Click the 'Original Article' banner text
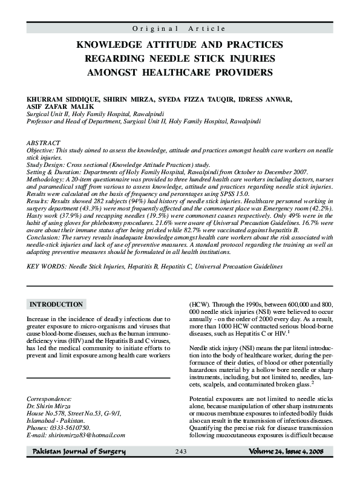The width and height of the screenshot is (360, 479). pos(180,28)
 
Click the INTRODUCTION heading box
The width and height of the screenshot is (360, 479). pos(56,304)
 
